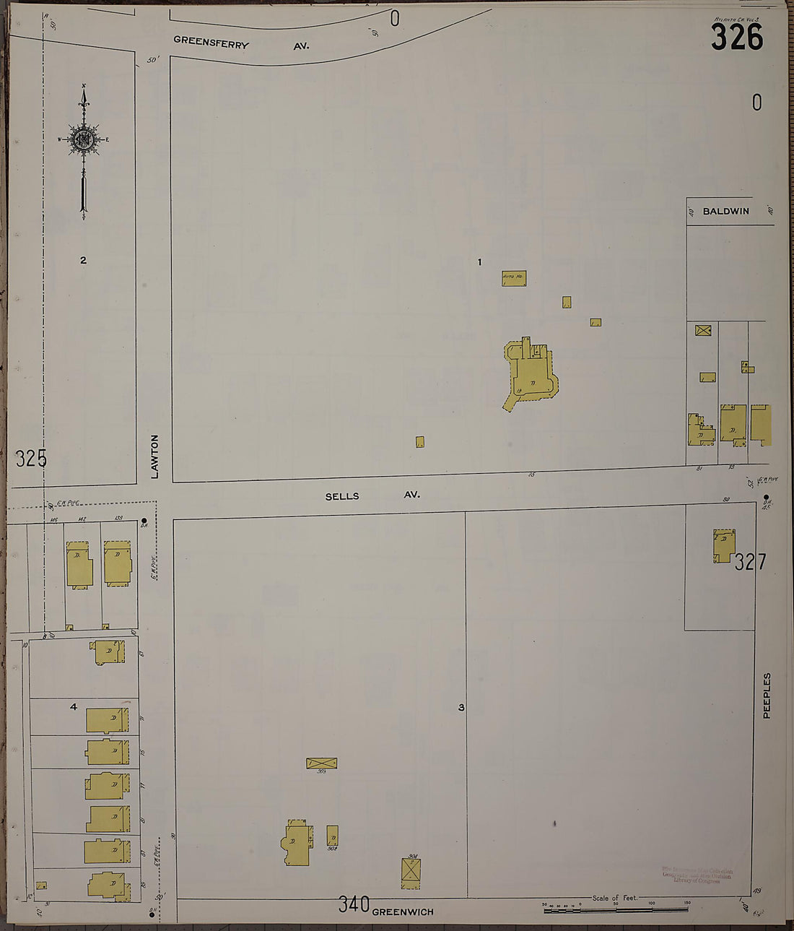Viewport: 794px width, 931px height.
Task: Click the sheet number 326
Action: pos(736,37)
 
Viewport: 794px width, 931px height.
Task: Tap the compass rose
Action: pos(84,139)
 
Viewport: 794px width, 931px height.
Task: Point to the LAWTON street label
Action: pos(154,456)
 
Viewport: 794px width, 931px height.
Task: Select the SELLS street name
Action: pos(342,496)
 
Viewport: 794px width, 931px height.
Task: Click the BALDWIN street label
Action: pos(725,211)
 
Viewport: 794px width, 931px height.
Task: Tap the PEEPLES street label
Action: pos(767,696)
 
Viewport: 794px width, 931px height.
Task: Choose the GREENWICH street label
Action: pos(403,911)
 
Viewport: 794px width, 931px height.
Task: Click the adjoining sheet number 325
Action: pos(30,458)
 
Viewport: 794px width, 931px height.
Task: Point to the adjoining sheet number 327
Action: pos(751,561)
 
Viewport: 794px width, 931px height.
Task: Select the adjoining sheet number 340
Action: pos(354,904)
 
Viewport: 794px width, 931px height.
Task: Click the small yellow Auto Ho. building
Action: pos(514,278)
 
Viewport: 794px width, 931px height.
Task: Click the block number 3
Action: pos(461,708)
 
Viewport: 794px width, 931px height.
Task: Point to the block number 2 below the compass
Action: pos(83,260)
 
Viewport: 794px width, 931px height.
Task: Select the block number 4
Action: pos(73,706)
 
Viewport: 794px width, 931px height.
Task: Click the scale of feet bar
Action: pos(615,907)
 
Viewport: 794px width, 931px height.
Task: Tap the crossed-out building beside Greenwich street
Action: pos(411,873)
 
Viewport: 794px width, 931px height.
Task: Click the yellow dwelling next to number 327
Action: pos(724,545)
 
